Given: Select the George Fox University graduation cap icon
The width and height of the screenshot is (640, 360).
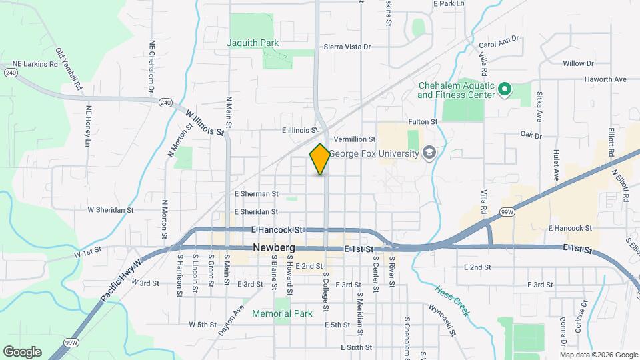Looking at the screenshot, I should (x=429, y=154).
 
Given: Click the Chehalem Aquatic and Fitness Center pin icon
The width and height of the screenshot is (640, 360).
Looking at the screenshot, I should (x=505, y=89).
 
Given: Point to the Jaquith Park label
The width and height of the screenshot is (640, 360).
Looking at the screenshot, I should (x=253, y=43).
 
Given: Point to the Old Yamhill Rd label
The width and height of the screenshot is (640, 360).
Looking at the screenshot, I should (x=69, y=69).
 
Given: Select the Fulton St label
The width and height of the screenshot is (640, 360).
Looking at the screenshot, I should (x=422, y=122).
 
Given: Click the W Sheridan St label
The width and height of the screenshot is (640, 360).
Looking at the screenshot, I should (x=111, y=209).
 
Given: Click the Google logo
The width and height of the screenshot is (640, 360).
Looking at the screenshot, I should (x=22, y=351).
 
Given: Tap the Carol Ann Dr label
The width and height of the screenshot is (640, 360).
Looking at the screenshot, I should (x=499, y=43).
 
